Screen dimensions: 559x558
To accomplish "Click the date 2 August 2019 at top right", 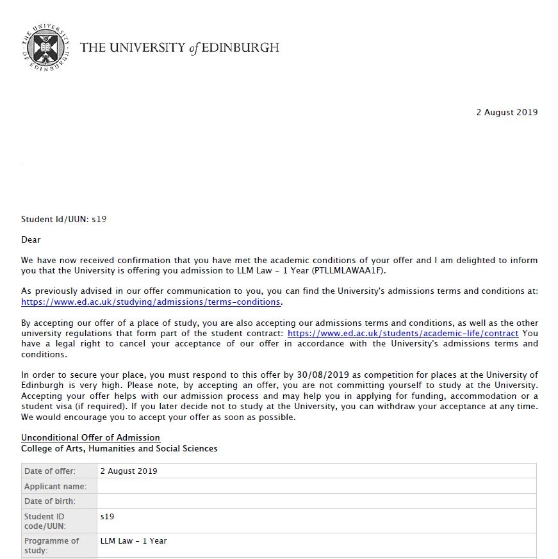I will click(x=507, y=113).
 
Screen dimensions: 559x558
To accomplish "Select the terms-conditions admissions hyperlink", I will click(x=151, y=302).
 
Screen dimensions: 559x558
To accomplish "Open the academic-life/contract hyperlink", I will click(x=403, y=333).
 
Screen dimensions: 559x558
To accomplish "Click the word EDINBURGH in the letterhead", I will click(x=242, y=48).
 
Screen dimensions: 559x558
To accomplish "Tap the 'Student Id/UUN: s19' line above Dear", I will click(x=63, y=219).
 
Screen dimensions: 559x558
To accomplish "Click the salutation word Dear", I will click(x=31, y=240).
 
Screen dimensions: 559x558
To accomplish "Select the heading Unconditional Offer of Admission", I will click(x=90, y=438).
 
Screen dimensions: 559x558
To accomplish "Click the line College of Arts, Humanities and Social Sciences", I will click(x=119, y=449).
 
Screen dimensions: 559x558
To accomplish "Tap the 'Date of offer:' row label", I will click(x=50, y=471).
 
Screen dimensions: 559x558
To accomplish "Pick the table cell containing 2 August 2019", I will click(x=129, y=471).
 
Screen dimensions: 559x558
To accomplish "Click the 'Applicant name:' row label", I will click(x=55, y=487).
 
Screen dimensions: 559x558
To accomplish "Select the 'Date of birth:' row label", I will click(x=50, y=501).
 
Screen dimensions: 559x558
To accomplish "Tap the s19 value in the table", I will click(x=108, y=516).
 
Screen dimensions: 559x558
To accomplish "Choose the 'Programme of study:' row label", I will click(x=52, y=545).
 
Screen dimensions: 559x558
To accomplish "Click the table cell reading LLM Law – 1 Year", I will click(x=133, y=541).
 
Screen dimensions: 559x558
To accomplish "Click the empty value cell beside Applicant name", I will click(x=316, y=487).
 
